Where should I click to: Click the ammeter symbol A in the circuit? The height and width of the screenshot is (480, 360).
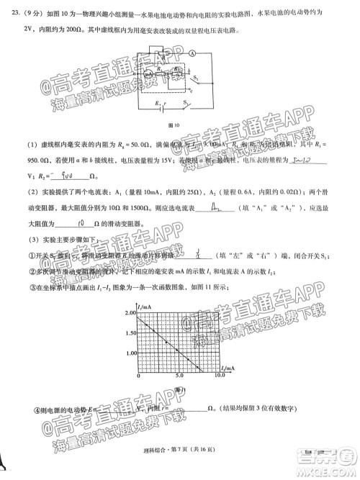pos(193,53)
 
